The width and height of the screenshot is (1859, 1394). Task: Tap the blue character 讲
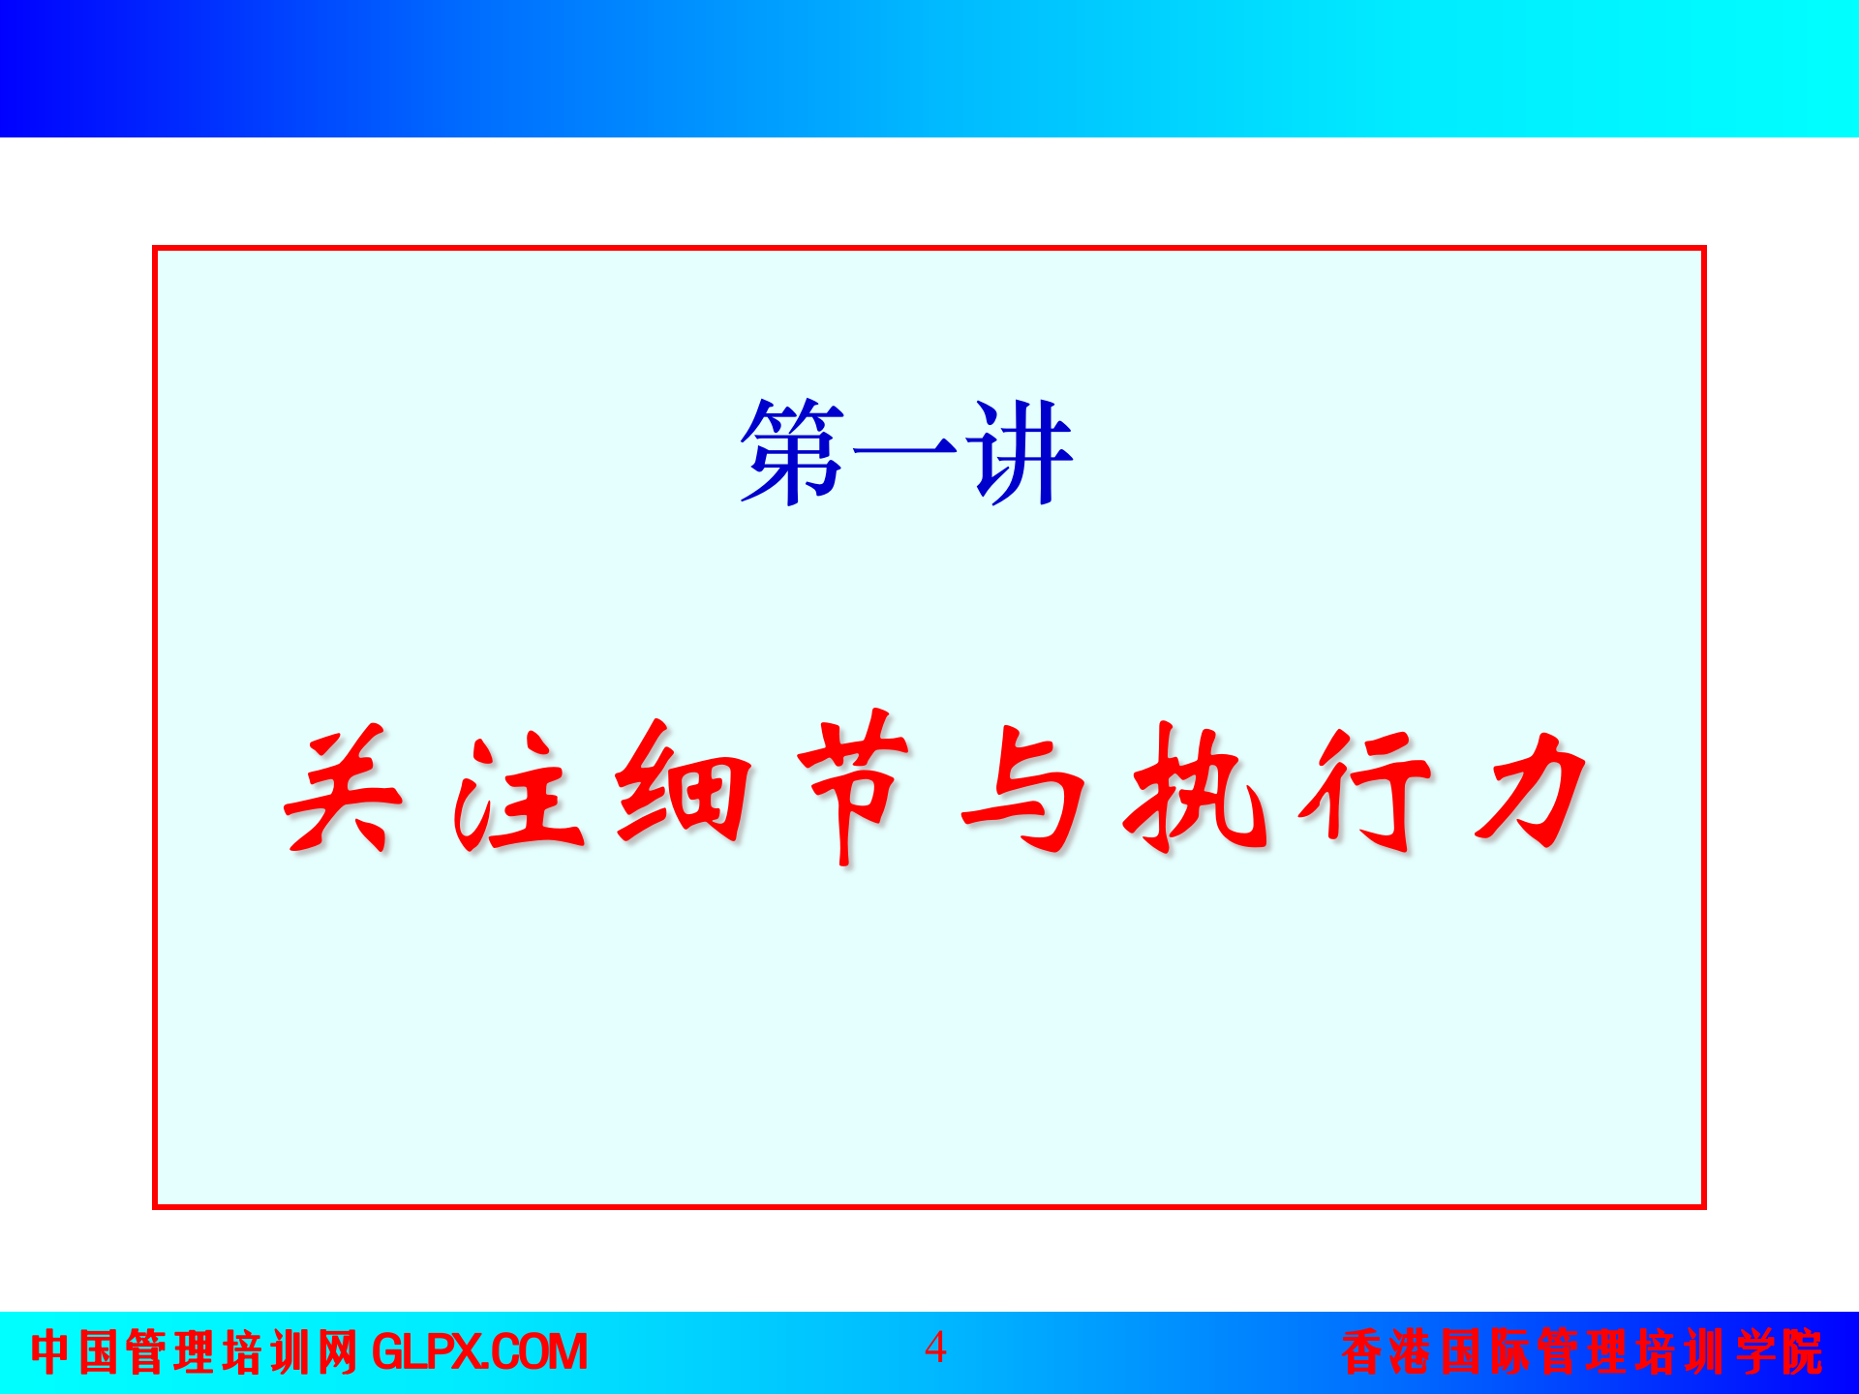click(x=1021, y=452)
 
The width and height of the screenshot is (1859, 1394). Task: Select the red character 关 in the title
click(x=341, y=791)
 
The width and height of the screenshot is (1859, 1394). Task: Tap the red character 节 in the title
click(x=852, y=786)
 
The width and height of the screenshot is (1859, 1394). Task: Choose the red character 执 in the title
click(x=1197, y=789)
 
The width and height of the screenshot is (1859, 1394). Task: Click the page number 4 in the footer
click(x=935, y=1348)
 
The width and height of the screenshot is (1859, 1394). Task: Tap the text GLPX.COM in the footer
click(x=479, y=1352)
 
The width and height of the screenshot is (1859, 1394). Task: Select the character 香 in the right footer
click(x=1362, y=1352)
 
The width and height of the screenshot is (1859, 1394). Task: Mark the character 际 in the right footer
click(x=1509, y=1352)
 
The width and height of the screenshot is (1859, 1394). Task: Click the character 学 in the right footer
click(x=1754, y=1352)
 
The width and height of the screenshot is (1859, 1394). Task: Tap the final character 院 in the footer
click(x=1803, y=1352)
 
